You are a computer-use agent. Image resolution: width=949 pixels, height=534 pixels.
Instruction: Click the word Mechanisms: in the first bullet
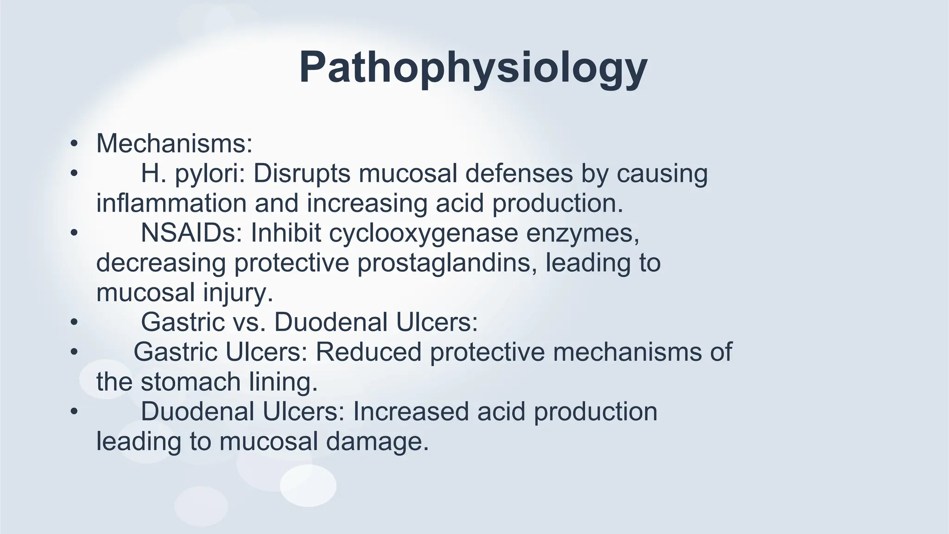click(174, 143)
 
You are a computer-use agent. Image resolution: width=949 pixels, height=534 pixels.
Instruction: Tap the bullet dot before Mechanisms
click(73, 144)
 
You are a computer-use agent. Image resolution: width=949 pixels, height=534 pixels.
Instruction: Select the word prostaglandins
click(447, 263)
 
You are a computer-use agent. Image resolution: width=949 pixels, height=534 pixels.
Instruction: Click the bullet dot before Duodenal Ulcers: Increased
click(73, 412)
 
